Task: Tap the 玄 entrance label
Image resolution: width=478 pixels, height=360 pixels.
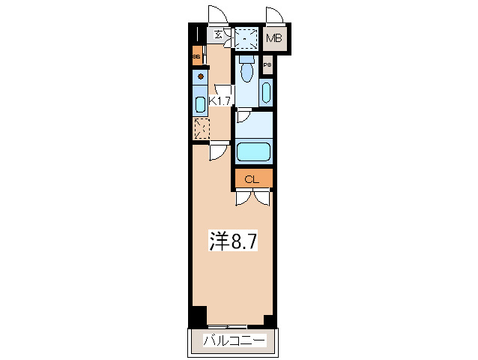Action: (218, 34)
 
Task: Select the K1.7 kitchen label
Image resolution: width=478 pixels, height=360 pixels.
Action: (220, 100)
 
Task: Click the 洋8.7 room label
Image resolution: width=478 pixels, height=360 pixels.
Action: (233, 241)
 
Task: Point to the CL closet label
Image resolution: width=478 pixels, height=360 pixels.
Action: (252, 178)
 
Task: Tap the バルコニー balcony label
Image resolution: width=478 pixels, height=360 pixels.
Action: (233, 341)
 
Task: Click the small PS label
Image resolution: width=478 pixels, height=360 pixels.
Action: (267, 66)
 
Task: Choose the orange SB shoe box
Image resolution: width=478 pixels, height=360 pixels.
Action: (196, 56)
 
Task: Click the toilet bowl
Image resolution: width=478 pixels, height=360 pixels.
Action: (246, 73)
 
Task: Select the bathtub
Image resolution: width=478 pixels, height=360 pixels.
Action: (254, 152)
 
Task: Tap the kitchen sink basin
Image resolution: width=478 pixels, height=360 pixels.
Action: (201, 103)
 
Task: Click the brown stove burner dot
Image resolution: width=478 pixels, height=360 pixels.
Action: (201, 76)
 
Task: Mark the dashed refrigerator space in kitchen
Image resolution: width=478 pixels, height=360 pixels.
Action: (201, 128)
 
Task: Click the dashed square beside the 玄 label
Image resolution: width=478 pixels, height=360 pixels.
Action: (244, 37)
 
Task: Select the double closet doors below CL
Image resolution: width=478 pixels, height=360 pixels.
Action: (252, 196)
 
